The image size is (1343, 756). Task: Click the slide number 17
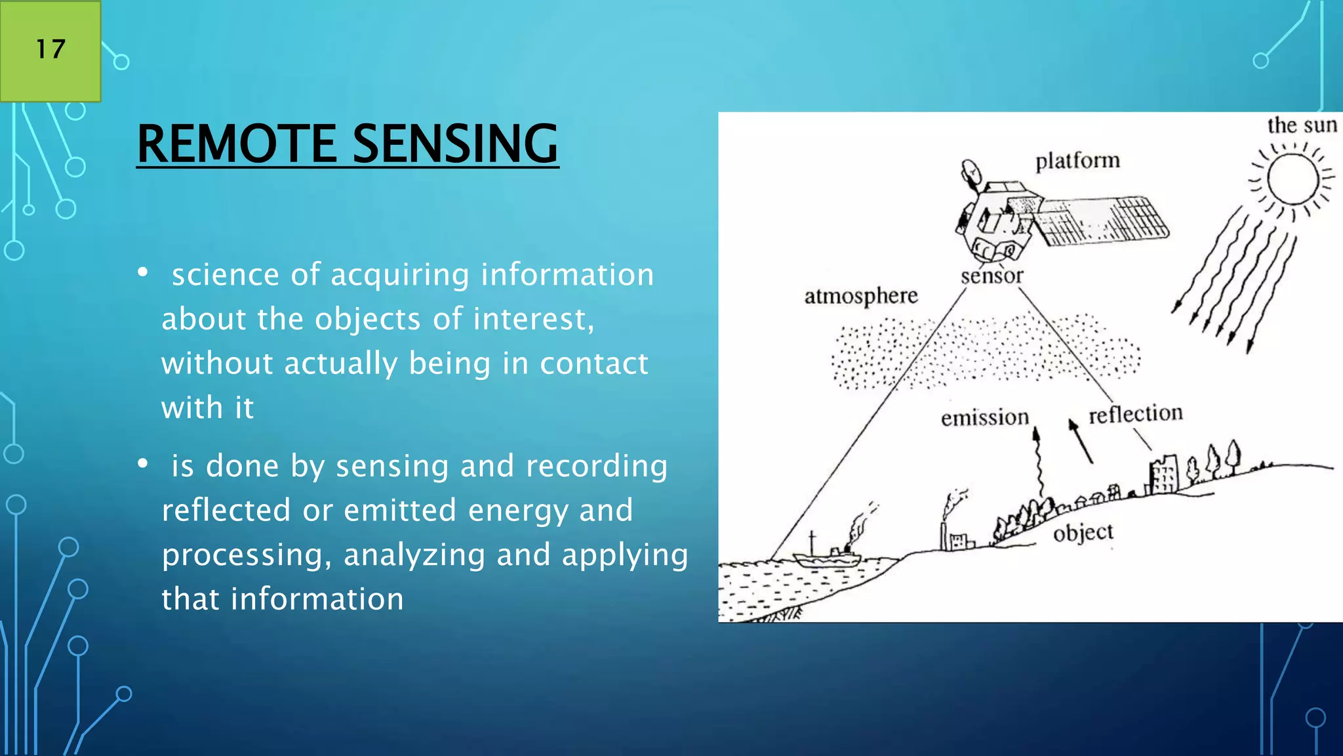coord(50,49)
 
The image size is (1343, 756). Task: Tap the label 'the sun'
coord(1301,125)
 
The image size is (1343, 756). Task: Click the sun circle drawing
coord(1293,179)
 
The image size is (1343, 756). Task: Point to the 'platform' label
coord(1077,161)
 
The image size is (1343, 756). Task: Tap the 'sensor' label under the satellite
coord(992,276)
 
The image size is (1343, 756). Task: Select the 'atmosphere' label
coord(860,297)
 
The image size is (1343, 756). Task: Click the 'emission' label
coord(984,417)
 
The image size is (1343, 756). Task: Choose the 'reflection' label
coord(1135,413)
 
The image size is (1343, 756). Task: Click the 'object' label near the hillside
coord(1083,532)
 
